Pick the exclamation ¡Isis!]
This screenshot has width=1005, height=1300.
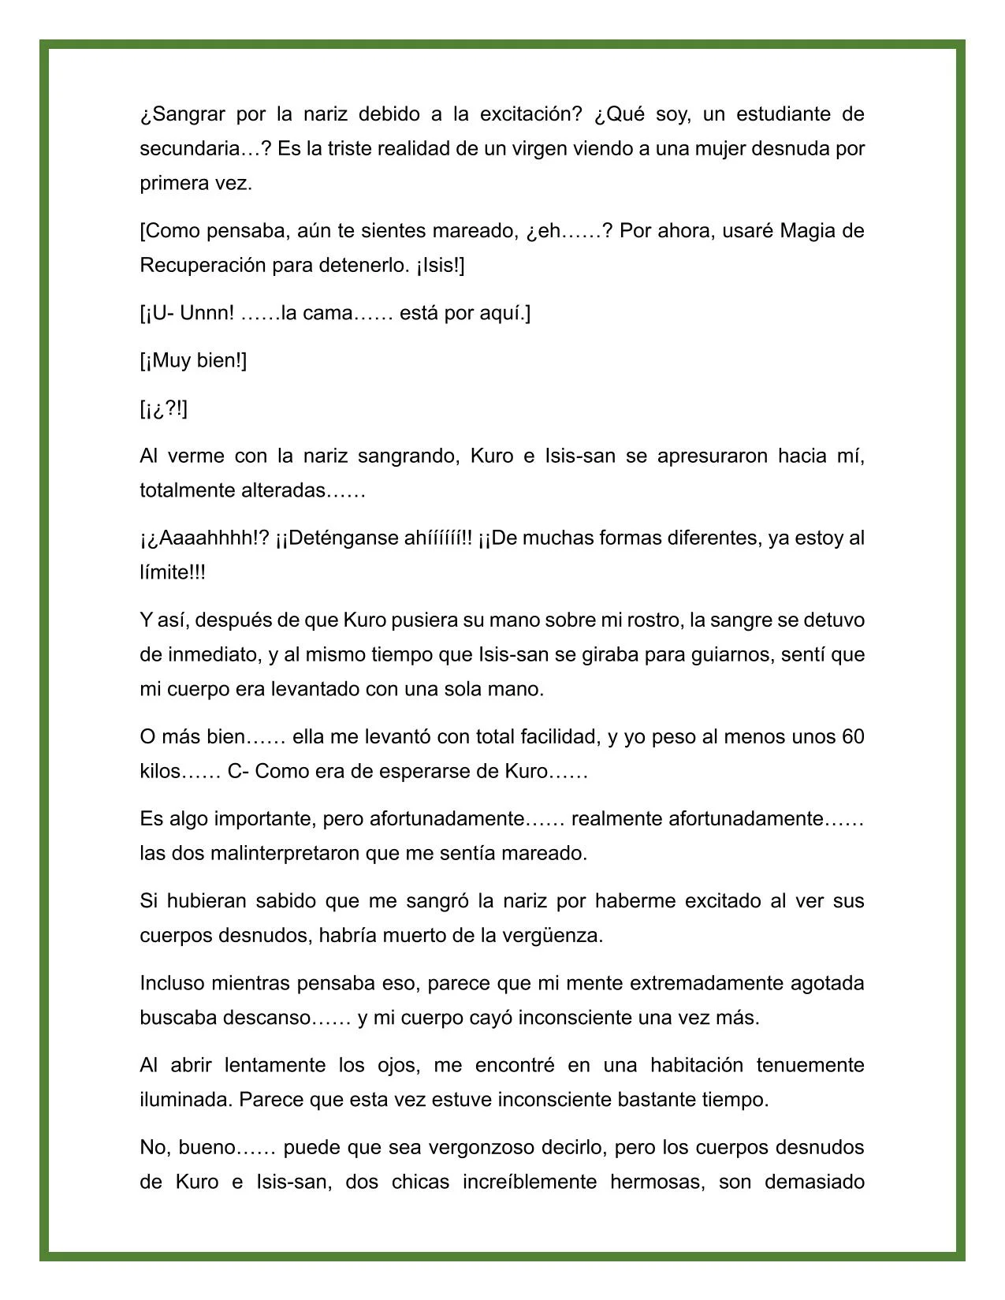point(439,266)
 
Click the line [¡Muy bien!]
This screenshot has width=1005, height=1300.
point(193,361)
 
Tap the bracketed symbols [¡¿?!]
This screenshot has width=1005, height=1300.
point(164,409)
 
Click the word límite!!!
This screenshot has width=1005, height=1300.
point(173,572)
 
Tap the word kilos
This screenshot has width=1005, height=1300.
point(161,771)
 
